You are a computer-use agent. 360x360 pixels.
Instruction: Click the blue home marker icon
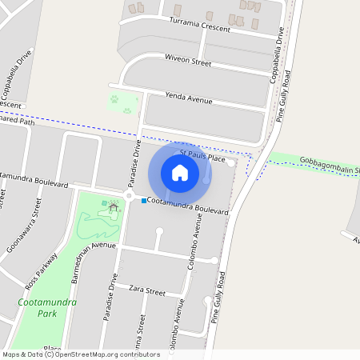(x=180, y=172)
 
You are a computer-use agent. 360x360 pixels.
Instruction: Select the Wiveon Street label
(x=187, y=62)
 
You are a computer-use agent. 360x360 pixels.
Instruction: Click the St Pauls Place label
(x=202, y=155)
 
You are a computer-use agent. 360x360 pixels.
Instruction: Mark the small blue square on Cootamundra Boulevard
(x=144, y=200)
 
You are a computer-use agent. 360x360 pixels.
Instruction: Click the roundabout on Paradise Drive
(x=129, y=195)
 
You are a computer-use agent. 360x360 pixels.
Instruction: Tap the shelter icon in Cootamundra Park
(x=114, y=207)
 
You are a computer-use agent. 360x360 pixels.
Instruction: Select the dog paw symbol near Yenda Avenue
(x=114, y=100)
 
